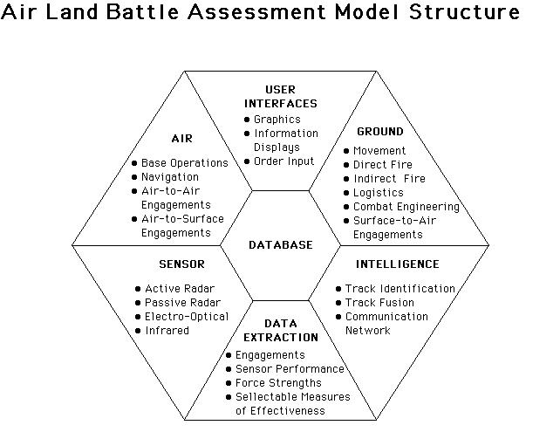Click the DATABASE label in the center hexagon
[x=280, y=245]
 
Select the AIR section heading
[x=181, y=138]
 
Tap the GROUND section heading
[x=380, y=132]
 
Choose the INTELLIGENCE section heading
[x=397, y=264]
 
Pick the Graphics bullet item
[x=277, y=120]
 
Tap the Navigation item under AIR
[x=169, y=177]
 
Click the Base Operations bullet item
[x=184, y=163]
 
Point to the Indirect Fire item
[x=389, y=179]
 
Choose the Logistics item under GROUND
[x=378, y=193]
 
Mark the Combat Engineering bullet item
[x=406, y=207]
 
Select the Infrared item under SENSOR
[x=167, y=331]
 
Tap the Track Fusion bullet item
[x=379, y=303]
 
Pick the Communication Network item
[x=386, y=324]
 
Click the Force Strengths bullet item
[x=277, y=383]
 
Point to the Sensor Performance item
[x=289, y=369]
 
